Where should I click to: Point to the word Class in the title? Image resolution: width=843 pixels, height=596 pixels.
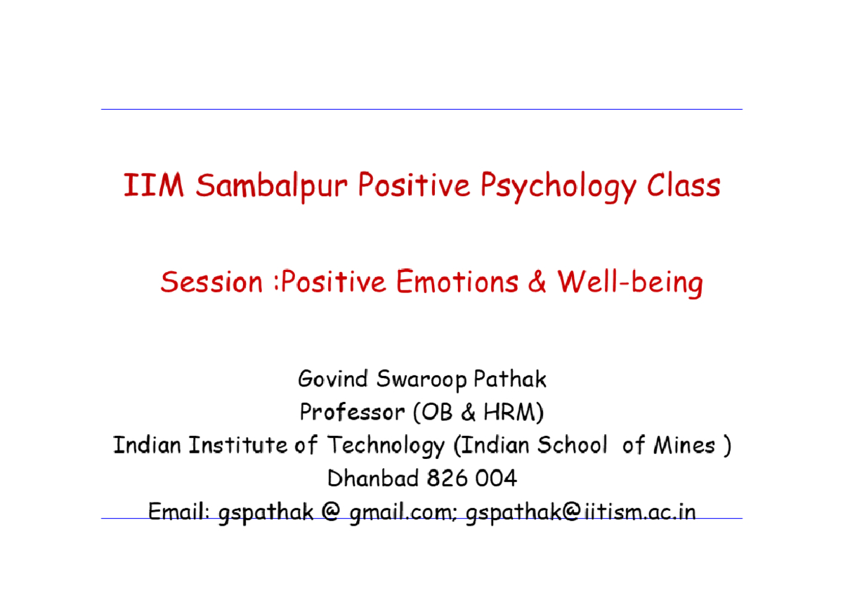pos(683,186)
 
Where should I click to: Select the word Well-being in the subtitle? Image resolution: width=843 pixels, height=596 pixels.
pos(629,283)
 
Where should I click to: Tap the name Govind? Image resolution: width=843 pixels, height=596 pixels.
pos(333,380)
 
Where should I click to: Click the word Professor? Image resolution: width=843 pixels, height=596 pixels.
pos(352,412)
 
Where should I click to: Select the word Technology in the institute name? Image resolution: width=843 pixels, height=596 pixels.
pos(386,446)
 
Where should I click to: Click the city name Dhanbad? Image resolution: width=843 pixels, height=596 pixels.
pos(373,479)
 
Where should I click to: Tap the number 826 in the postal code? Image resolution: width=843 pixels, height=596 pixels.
pos(447,479)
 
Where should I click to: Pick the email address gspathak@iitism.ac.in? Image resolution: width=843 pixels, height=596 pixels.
pos(581,513)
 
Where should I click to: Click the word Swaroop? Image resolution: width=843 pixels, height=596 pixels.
pos(421,380)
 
